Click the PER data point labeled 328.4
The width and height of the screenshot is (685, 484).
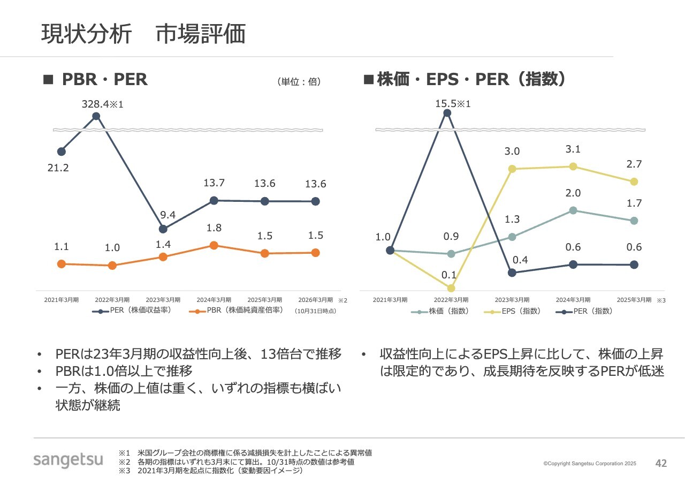pos(96,116)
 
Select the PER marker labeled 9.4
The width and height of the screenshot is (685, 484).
pos(163,229)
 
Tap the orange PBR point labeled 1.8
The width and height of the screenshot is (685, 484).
pos(214,245)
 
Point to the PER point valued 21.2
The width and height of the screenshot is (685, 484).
pos(62,152)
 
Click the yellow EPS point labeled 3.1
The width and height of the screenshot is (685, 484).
pos(573,167)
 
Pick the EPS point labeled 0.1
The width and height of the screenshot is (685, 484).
pos(451,288)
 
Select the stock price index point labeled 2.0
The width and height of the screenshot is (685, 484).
pos(573,210)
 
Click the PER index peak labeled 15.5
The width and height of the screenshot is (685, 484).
pos(447,113)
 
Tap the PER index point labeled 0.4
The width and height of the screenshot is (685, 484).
pos(512,273)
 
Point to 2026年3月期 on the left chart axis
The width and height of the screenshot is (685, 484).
pos(315,300)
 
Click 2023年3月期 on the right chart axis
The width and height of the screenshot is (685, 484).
pos(512,300)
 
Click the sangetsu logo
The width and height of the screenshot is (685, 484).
pos(68,460)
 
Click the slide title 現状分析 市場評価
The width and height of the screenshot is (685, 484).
pos(143,34)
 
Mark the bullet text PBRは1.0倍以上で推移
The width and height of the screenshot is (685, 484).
pos(124,371)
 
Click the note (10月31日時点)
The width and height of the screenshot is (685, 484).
pos(316,311)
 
